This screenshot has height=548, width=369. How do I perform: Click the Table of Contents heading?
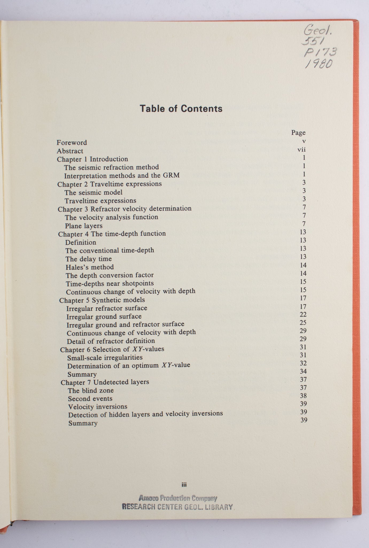click(x=181, y=109)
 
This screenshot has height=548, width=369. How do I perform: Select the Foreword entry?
click(x=72, y=143)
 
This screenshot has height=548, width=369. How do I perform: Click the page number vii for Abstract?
click(x=301, y=150)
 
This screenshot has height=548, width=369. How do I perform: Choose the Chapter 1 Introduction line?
click(x=92, y=159)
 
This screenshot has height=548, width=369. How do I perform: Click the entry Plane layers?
click(x=84, y=226)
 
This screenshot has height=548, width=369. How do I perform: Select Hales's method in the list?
click(x=90, y=267)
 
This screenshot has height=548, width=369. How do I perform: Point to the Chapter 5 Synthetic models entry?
click(x=102, y=300)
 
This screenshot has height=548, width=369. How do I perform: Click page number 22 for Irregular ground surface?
click(x=303, y=314)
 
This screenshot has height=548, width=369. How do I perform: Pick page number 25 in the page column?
click(x=303, y=323)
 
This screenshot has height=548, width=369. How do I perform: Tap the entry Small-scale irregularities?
click(x=105, y=357)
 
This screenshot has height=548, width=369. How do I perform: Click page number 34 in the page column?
click(x=303, y=371)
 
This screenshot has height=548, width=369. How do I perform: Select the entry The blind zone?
click(x=91, y=390)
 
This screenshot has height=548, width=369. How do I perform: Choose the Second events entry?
click(x=90, y=399)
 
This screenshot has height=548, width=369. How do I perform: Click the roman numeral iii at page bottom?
click(x=184, y=485)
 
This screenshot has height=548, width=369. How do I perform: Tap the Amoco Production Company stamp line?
click(x=178, y=498)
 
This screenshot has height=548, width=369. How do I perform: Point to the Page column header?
click(x=298, y=133)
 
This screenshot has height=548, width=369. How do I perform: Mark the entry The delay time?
click(x=89, y=259)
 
